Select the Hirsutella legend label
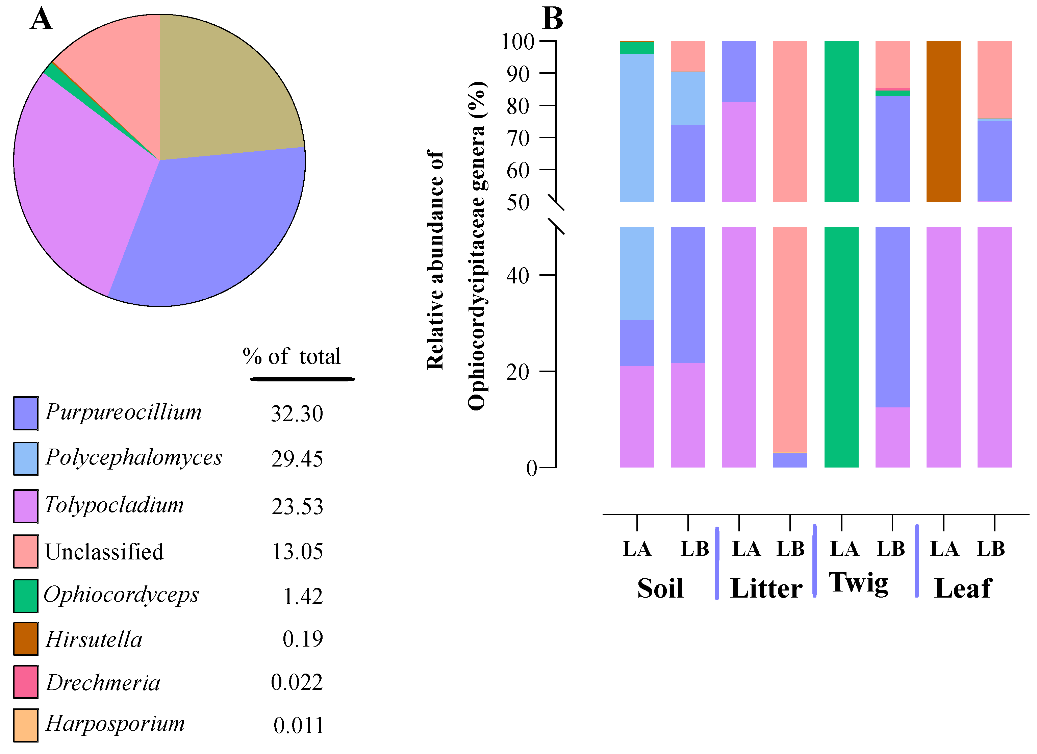tap(94, 639)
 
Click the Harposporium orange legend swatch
tap(26, 725)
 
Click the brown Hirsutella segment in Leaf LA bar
tap(943, 121)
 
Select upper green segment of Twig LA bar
tap(841, 121)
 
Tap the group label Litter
tap(766, 588)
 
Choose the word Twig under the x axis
tap(859, 584)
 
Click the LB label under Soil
tap(694, 549)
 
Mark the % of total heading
tap(292, 357)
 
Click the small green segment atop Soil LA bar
tap(637, 48)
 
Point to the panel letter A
tap(41, 19)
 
